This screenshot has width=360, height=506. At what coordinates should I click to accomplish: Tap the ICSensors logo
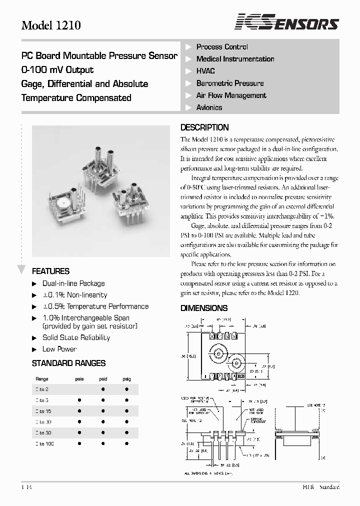pos(287,23)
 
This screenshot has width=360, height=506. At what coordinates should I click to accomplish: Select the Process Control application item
pos(222,47)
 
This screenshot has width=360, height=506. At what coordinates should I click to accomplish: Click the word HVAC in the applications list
pos(205,71)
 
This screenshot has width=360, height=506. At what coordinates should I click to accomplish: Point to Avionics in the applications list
pos(209,107)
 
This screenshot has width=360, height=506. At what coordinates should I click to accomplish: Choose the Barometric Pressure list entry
pos(229,83)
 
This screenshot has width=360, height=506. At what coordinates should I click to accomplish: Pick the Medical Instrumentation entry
pos(235,59)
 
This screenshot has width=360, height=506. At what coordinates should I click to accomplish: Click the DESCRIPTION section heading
pos(204,127)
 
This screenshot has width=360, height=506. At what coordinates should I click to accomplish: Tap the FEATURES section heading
pos(50,271)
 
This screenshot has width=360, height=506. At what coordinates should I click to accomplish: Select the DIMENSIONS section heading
pos(204,308)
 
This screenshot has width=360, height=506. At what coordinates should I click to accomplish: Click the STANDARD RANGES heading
pos(68,363)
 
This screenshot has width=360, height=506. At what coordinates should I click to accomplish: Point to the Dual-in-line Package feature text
pos(73,283)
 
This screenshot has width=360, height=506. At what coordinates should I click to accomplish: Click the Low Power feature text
pos(59,349)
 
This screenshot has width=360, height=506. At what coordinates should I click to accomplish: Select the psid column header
pos(103,379)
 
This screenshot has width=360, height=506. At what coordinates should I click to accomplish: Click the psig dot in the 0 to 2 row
pos(126,389)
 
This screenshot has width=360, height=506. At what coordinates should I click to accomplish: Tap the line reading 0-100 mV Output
pos(57,70)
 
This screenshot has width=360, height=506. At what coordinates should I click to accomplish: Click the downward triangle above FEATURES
pos(21,270)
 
